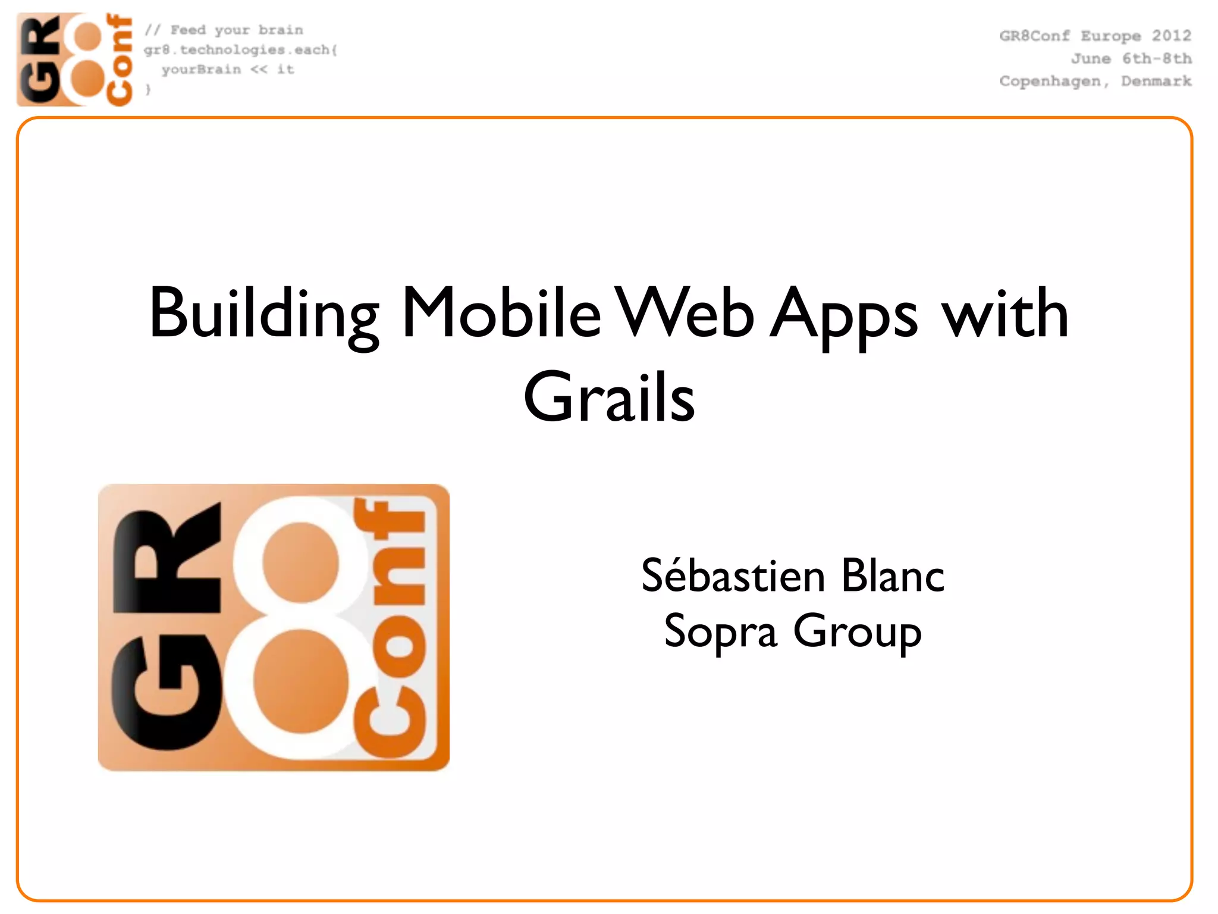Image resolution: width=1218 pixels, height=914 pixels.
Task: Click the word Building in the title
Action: coord(263,314)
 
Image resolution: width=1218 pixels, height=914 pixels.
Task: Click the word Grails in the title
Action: coord(609,397)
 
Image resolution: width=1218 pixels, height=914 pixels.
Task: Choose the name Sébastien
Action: coord(733,576)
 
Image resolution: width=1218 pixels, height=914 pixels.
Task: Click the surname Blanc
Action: coord(893,576)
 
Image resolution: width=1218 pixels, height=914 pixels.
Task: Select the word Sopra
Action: coord(720,631)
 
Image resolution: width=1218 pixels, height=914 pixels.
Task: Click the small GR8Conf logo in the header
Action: coord(74,60)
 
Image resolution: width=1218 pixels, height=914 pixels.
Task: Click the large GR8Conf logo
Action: coord(274,628)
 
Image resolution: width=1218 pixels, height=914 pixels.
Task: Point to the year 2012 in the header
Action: coord(1171,36)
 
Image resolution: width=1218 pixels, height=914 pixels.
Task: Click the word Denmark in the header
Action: coord(1156,81)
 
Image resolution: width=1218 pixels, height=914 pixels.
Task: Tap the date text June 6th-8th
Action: coord(1131,59)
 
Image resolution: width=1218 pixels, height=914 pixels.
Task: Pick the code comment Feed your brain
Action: coord(236,30)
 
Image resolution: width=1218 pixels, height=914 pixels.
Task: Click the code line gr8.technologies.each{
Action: coord(240,50)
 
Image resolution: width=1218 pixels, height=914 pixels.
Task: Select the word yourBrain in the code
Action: coord(201,70)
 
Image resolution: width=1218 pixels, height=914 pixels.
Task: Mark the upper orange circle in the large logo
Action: coord(301,562)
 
